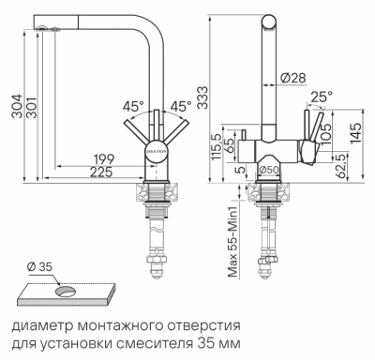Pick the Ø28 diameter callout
[291, 77]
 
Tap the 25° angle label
[323, 96]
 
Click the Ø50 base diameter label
[272, 169]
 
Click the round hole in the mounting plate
[67, 292]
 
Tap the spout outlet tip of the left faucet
[45, 31]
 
